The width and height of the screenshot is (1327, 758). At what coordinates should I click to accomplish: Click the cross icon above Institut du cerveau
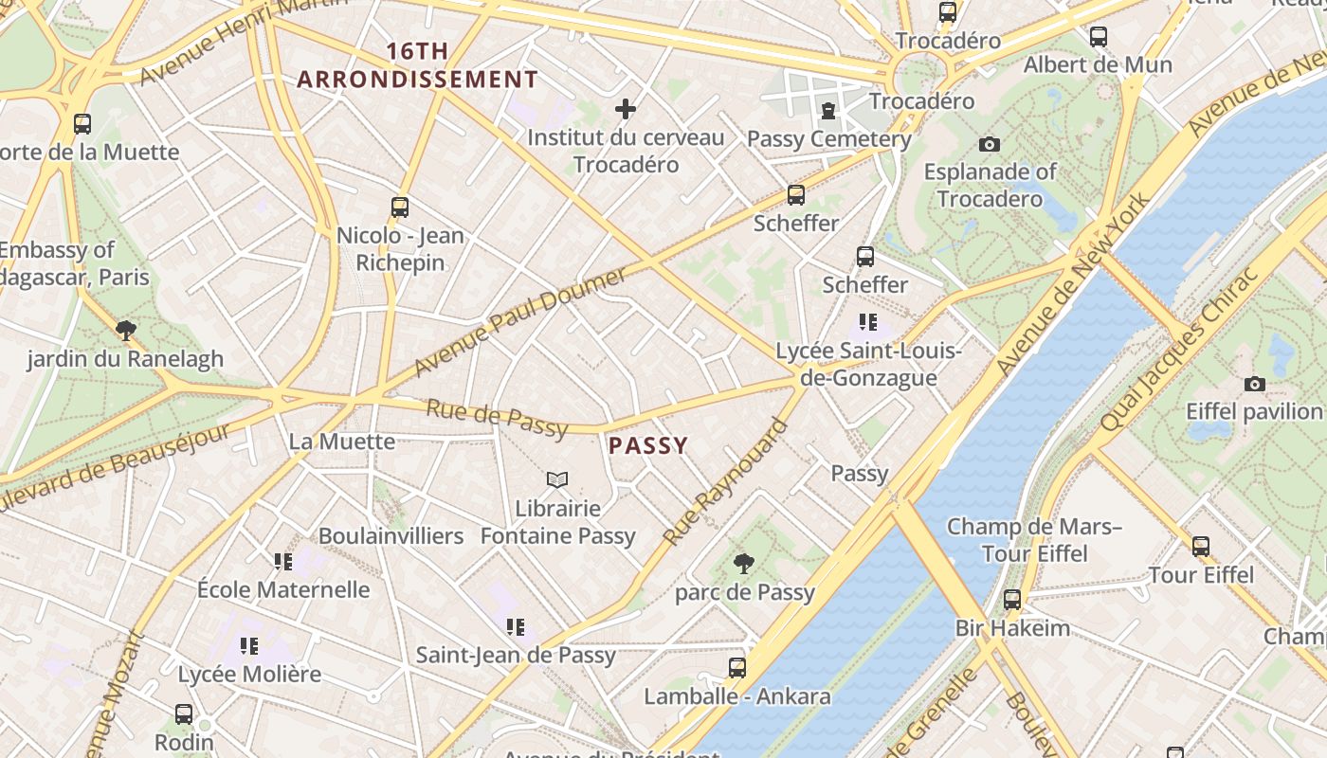[x=626, y=109]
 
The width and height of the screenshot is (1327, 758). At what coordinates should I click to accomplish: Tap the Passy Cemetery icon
[x=828, y=111]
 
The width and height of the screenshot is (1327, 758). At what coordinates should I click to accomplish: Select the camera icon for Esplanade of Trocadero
[x=990, y=144]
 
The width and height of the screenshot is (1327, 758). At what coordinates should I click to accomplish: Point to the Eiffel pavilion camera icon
[x=1255, y=384]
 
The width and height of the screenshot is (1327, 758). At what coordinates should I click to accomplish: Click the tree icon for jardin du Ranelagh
[x=125, y=330]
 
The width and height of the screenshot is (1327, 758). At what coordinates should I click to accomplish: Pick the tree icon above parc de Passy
[x=744, y=564]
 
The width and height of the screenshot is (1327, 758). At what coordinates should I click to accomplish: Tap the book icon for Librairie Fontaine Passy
[x=557, y=480]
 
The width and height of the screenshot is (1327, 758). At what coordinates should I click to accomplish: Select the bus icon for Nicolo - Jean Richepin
[x=400, y=207]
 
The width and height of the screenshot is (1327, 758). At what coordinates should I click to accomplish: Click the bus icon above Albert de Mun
[x=1098, y=37]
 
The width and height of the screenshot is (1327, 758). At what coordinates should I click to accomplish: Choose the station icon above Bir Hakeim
[x=1012, y=599]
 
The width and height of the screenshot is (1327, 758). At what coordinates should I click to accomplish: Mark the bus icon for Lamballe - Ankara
[x=737, y=667]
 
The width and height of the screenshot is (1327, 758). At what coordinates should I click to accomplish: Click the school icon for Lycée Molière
[x=249, y=646]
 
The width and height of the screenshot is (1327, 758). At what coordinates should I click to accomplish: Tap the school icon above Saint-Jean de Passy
[x=516, y=626]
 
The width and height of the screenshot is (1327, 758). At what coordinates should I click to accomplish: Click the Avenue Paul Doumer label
[x=520, y=320]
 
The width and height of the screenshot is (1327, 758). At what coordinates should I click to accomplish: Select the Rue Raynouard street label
[x=726, y=482]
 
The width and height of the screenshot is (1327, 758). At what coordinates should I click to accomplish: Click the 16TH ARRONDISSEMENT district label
[x=418, y=65]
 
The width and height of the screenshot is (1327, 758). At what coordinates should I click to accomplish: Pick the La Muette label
[x=342, y=442]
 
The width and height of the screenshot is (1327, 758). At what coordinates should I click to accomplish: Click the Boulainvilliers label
[x=391, y=535]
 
